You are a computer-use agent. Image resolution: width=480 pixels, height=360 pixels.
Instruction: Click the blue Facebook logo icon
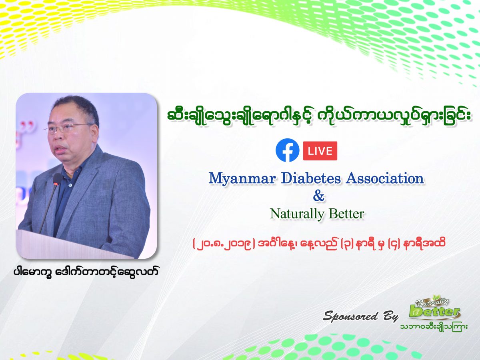pyautogui.click(x=288, y=150)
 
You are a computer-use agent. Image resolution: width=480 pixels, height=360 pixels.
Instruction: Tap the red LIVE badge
pyautogui.click(x=320, y=151)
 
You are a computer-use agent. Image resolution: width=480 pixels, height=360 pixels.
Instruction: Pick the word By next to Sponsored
pyautogui.click(x=388, y=316)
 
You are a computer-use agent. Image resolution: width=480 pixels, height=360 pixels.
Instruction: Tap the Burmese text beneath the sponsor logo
pyautogui.click(x=434, y=327)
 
